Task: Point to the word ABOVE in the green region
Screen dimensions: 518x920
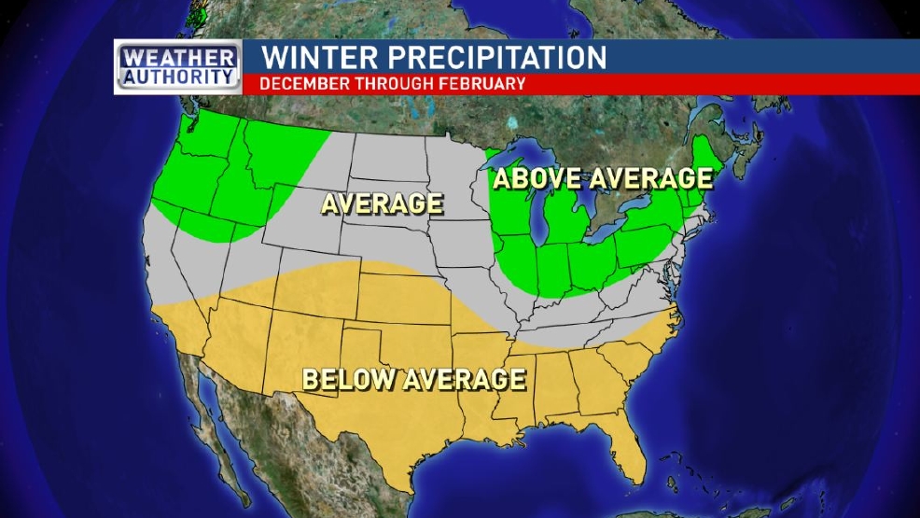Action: [x=541, y=178]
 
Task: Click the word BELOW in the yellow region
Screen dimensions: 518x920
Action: [x=350, y=380]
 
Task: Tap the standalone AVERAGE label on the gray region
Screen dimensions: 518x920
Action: [x=382, y=203]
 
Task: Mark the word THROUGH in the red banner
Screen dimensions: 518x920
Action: [x=393, y=83]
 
